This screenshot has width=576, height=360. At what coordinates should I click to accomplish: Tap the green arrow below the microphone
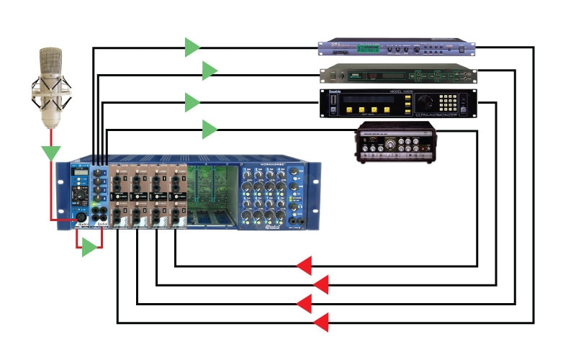50,153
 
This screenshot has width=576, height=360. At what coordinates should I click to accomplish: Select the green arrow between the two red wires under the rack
89,248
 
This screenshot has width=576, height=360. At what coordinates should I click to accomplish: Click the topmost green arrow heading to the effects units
192,48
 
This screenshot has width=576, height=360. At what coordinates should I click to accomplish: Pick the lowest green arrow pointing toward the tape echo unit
210,130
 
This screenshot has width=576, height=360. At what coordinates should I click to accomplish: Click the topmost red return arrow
303,266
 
